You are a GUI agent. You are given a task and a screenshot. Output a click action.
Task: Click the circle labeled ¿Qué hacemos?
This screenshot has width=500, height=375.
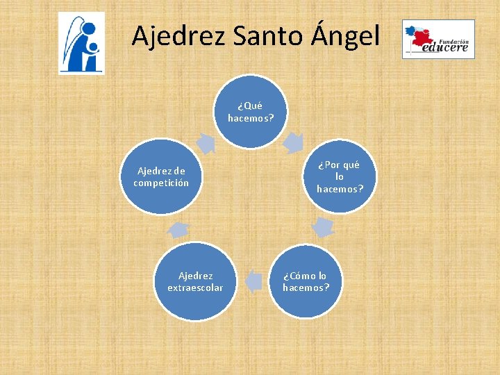[x=251, y=112]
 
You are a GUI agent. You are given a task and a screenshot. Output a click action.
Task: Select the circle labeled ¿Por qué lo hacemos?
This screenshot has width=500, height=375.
[x=340, y=176]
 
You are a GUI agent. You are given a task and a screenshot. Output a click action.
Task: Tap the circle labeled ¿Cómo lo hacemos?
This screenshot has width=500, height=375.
[x=306, y=281]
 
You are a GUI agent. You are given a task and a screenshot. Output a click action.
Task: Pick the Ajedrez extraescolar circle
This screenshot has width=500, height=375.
[x=195, y=281]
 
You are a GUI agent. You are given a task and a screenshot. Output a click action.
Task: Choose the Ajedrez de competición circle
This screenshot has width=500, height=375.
[x=161, y=176]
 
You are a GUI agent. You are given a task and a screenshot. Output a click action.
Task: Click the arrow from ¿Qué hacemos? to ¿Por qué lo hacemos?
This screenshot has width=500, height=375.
[x=294, y=142]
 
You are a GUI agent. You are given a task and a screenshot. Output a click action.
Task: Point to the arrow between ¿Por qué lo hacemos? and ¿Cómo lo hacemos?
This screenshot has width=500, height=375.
[x=323, y=226]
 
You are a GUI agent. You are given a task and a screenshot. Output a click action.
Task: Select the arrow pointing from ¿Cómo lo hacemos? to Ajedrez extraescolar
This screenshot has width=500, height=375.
[x=254, y=281]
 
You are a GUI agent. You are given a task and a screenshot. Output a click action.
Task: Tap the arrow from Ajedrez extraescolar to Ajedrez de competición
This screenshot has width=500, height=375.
[x=178, y=228]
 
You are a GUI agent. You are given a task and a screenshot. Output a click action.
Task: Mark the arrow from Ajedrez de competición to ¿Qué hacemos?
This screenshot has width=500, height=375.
[x=206, y=142]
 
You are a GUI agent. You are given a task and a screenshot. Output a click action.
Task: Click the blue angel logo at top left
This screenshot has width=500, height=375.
[x=81, y=43]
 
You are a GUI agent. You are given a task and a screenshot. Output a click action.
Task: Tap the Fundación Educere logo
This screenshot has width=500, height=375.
[x=438, y=39]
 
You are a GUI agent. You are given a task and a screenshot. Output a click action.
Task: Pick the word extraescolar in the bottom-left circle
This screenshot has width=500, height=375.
[x=195, y=287]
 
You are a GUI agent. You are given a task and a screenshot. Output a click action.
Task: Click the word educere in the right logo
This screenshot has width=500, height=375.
[x=447, y=48]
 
